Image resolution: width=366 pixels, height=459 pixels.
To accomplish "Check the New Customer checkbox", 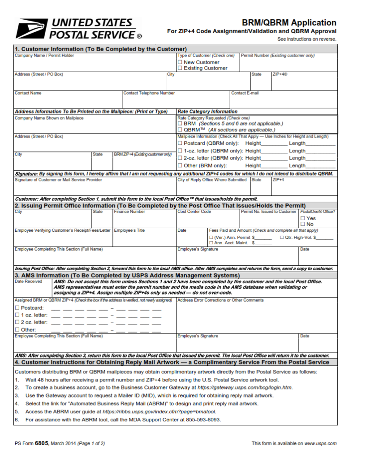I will (x=180, y=62).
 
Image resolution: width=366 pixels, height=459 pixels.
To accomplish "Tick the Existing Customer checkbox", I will (x=180, y=68).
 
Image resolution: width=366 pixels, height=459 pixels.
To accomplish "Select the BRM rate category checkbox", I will (x=180, y=123).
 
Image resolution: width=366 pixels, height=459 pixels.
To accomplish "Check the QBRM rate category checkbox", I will (x=180, y=130).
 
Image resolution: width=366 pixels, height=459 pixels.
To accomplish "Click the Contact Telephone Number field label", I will (x=149, y=93).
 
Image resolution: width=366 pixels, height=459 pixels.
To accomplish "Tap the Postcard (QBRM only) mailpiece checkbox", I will (x=180, y=143).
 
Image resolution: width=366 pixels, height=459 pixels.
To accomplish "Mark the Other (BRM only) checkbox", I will (x=180, y=165).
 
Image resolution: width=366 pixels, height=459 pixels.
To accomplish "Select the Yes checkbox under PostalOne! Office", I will (x=303, y=218).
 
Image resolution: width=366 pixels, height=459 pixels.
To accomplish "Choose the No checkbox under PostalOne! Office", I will (x=303, y=224).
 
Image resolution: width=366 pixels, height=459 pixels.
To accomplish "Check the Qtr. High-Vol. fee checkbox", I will (x=282, y=237).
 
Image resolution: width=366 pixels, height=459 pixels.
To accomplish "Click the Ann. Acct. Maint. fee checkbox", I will (x=211, y=243).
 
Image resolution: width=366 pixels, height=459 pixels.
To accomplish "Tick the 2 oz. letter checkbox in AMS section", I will (x=17, y=322).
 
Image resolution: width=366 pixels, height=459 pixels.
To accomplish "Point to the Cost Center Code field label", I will (x=194, y=212).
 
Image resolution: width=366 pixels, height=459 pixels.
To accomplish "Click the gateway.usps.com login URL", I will (x=245, y=387).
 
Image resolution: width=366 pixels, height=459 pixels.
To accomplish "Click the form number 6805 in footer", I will (x=41, y=443).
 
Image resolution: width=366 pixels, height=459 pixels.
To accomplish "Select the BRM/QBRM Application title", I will (x=289, y=22).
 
